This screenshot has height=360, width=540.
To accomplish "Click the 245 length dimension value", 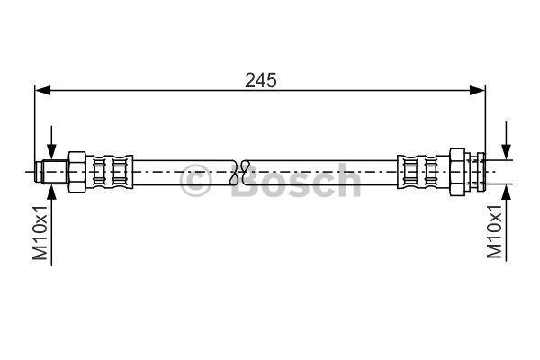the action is (261, 81).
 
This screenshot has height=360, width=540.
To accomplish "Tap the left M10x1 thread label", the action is (40, 232).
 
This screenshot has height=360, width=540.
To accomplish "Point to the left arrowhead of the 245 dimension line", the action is (42, 91).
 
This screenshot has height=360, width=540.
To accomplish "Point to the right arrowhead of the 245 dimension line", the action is (478, 91).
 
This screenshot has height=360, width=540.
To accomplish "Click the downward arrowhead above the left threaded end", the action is (51, 152).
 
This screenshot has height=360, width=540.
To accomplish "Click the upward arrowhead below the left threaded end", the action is (51, 192).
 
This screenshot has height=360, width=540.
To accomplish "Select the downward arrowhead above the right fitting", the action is (506, 152).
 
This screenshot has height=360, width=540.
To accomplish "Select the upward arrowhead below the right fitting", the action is (506, 192).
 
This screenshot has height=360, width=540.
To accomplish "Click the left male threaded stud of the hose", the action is (52, 172).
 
